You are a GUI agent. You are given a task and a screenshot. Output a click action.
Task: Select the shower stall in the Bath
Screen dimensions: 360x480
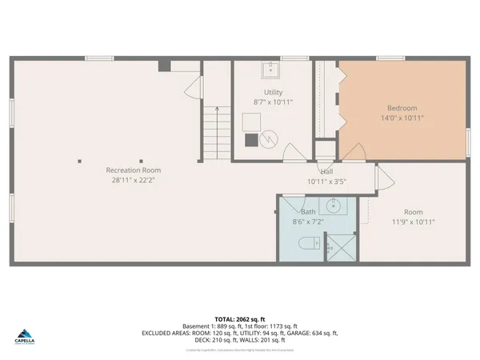coord(342,248)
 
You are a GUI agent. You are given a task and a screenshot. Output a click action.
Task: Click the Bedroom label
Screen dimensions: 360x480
coord(402,108)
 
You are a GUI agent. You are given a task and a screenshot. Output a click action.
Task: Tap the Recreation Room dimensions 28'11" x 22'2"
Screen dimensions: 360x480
coord(134,180)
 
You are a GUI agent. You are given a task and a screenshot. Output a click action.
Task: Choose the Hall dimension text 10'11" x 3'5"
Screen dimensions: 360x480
coord(326,182)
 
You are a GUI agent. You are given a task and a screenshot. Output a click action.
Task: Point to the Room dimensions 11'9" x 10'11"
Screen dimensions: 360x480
coord(413,222)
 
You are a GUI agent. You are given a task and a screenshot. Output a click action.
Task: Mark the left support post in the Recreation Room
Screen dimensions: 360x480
coord(79,161)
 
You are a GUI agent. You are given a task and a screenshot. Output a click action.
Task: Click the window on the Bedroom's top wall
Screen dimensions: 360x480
coord(390,58)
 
